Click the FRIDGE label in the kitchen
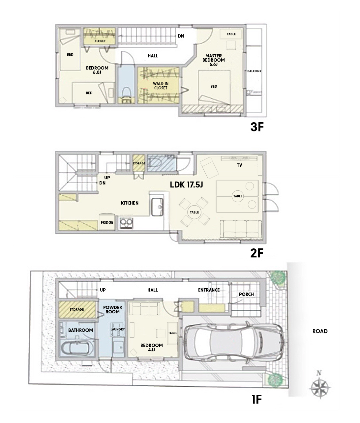(x=107, y=222)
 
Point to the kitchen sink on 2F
(x=157, y=207)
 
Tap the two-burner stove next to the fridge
(x=126, y=223)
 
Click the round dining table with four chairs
(x=194, y=212)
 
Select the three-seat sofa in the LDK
(x=241, y=229)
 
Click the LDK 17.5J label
(x=186, y=185)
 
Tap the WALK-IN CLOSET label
(x=161, y=86)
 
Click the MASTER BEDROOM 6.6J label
(x=214, y=60)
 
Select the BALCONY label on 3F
(x=254, y=71)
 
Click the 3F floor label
(x=257, y=127)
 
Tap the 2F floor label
(x=257, y=253)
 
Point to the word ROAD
(x=320, y=331)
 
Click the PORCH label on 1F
(x=246, y=294)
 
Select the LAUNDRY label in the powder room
(x=118, y=329)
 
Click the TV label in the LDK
(x=239, y=165)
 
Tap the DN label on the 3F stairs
(x=181, y=36)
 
